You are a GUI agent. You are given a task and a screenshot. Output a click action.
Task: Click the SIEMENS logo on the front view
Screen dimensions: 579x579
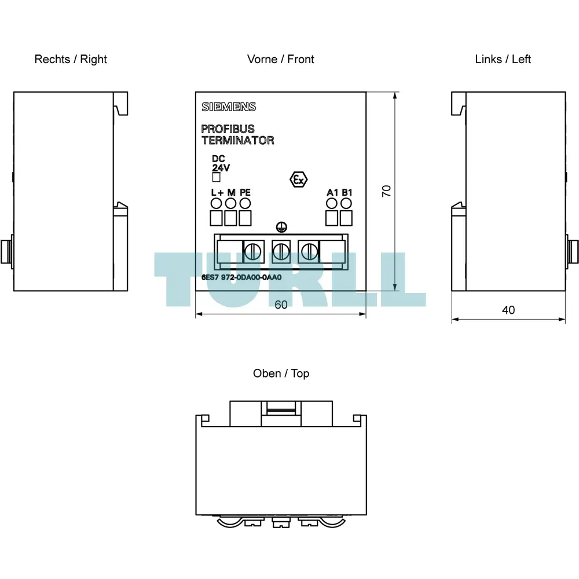point(229,107)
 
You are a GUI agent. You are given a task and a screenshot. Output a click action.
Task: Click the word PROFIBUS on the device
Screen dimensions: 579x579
point(228,129)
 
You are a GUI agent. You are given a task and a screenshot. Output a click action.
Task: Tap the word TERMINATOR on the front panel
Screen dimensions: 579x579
point(238,140)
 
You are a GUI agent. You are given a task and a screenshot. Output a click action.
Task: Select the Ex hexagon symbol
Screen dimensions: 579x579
point(298,180)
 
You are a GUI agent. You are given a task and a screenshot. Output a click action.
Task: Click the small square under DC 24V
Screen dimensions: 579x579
point(217,178)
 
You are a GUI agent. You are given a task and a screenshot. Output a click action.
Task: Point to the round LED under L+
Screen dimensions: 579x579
point(216,203)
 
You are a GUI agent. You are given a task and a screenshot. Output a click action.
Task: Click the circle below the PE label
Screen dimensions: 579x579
point(245,203)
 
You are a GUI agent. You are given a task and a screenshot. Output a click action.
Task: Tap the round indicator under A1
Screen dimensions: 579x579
point(332,203)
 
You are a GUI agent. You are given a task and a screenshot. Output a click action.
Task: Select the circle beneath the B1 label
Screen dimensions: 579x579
point(346,203)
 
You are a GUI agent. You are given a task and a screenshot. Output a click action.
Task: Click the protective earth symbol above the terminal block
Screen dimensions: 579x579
point(281,228)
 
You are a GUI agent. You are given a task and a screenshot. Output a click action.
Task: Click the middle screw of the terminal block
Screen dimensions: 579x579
point(281,252)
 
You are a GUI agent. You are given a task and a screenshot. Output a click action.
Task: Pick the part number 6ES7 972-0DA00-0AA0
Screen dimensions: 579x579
point(241,277)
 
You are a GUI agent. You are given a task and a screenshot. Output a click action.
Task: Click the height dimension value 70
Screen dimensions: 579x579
point(386,191)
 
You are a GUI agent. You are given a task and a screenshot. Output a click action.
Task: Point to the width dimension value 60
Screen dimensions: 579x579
point(281,305)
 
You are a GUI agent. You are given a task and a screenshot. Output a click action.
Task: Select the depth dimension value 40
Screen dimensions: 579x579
point(508,310)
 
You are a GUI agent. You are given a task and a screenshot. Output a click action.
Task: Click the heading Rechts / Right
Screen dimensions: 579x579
point(71,59)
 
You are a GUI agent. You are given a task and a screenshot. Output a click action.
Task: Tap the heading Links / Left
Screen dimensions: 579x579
point(503,59)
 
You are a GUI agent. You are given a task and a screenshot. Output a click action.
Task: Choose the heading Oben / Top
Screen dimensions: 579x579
point(281,373)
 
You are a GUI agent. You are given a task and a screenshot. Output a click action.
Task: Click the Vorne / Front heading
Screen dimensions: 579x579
point(281,59)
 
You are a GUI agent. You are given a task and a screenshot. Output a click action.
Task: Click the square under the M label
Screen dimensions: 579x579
point(231,218)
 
